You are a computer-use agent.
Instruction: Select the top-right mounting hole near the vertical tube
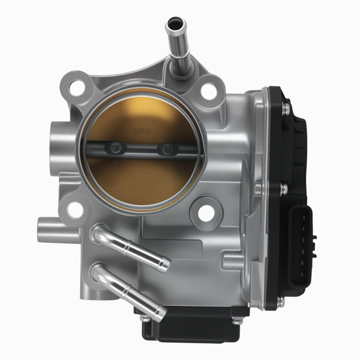coord(208,91)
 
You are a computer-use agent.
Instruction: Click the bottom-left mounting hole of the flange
coord(74,209)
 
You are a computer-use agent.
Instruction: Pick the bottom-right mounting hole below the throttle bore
coord(205,211)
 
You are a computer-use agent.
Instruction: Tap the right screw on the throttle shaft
coord(164,149)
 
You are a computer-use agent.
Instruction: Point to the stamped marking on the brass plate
coord(142,128)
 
